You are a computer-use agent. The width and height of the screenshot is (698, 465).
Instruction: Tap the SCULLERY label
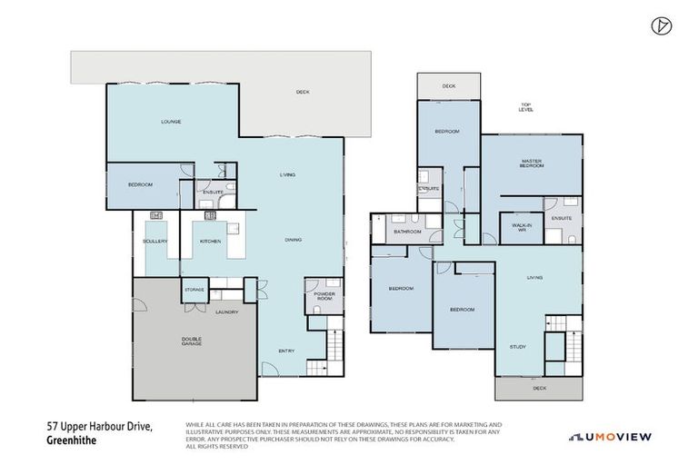[155, 241]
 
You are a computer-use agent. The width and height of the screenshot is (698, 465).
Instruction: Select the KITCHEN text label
[211, 241]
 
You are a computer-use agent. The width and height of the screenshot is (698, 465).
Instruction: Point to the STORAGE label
[194, 291]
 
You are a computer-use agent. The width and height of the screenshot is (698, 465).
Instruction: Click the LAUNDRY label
[226, 312]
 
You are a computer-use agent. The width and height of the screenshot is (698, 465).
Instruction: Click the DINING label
[293, 240]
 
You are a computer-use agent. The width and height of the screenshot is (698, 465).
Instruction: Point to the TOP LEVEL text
[525, 107]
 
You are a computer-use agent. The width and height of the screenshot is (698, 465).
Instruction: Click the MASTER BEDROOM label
[531, 163]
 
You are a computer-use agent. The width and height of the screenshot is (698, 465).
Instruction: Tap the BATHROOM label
[407, 232]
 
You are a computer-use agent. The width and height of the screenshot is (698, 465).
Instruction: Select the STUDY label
[517, 346]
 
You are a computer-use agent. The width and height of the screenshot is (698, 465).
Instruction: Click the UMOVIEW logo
[610, 437]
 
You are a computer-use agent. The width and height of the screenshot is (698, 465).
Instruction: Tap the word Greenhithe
[71, 441]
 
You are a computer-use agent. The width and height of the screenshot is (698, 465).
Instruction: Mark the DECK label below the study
[539, 388]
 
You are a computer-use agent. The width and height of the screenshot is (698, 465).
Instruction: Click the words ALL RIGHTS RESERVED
[218, 447]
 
